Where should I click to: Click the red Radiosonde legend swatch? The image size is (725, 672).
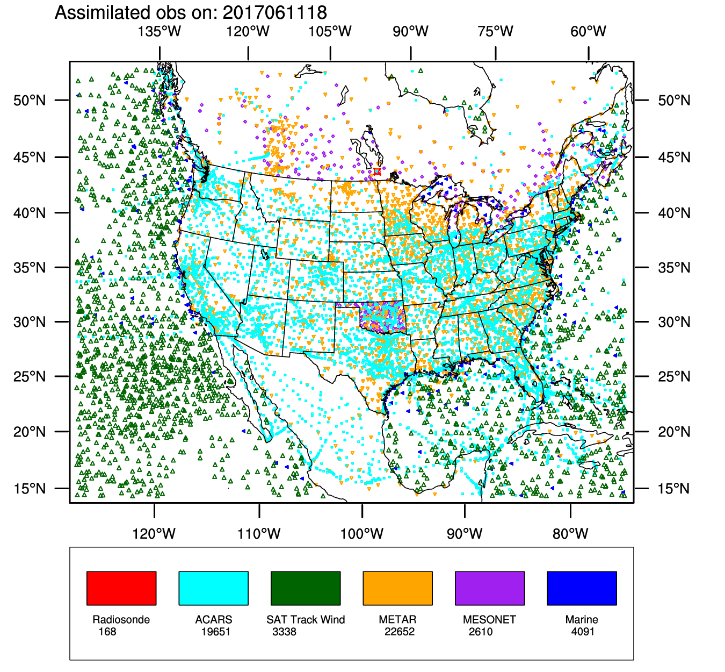121,588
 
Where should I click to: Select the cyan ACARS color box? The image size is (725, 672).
213,588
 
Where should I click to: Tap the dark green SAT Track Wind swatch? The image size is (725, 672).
306,588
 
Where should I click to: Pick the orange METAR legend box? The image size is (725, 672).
397,588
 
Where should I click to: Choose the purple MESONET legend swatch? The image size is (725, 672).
490,588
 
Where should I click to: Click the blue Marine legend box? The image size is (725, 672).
582,588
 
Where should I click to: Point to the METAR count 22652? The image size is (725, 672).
400,632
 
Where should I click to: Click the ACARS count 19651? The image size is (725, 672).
216,632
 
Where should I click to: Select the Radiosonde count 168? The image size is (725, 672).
107,632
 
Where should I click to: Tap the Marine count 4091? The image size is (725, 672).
583,632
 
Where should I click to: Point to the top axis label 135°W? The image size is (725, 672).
160,32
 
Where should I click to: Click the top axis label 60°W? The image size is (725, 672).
589,32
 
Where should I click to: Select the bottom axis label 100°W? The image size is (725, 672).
362,534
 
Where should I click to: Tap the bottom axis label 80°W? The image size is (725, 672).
570,534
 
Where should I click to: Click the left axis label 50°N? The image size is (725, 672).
30,101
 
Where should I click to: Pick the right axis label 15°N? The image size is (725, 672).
675,489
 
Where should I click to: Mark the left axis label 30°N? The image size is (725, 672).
30,322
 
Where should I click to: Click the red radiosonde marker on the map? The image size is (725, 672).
377,171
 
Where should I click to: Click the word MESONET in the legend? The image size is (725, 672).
489,619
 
